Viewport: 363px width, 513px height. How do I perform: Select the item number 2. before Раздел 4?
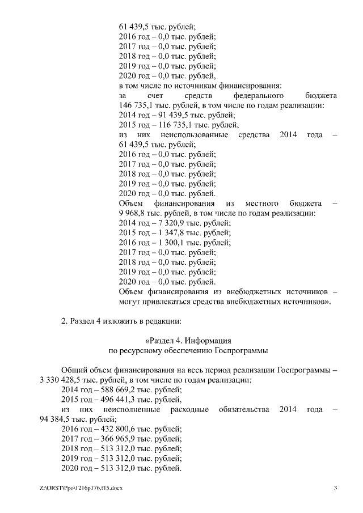[x=64, y=321]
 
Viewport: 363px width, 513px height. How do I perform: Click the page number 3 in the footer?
[x=335, y=489]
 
